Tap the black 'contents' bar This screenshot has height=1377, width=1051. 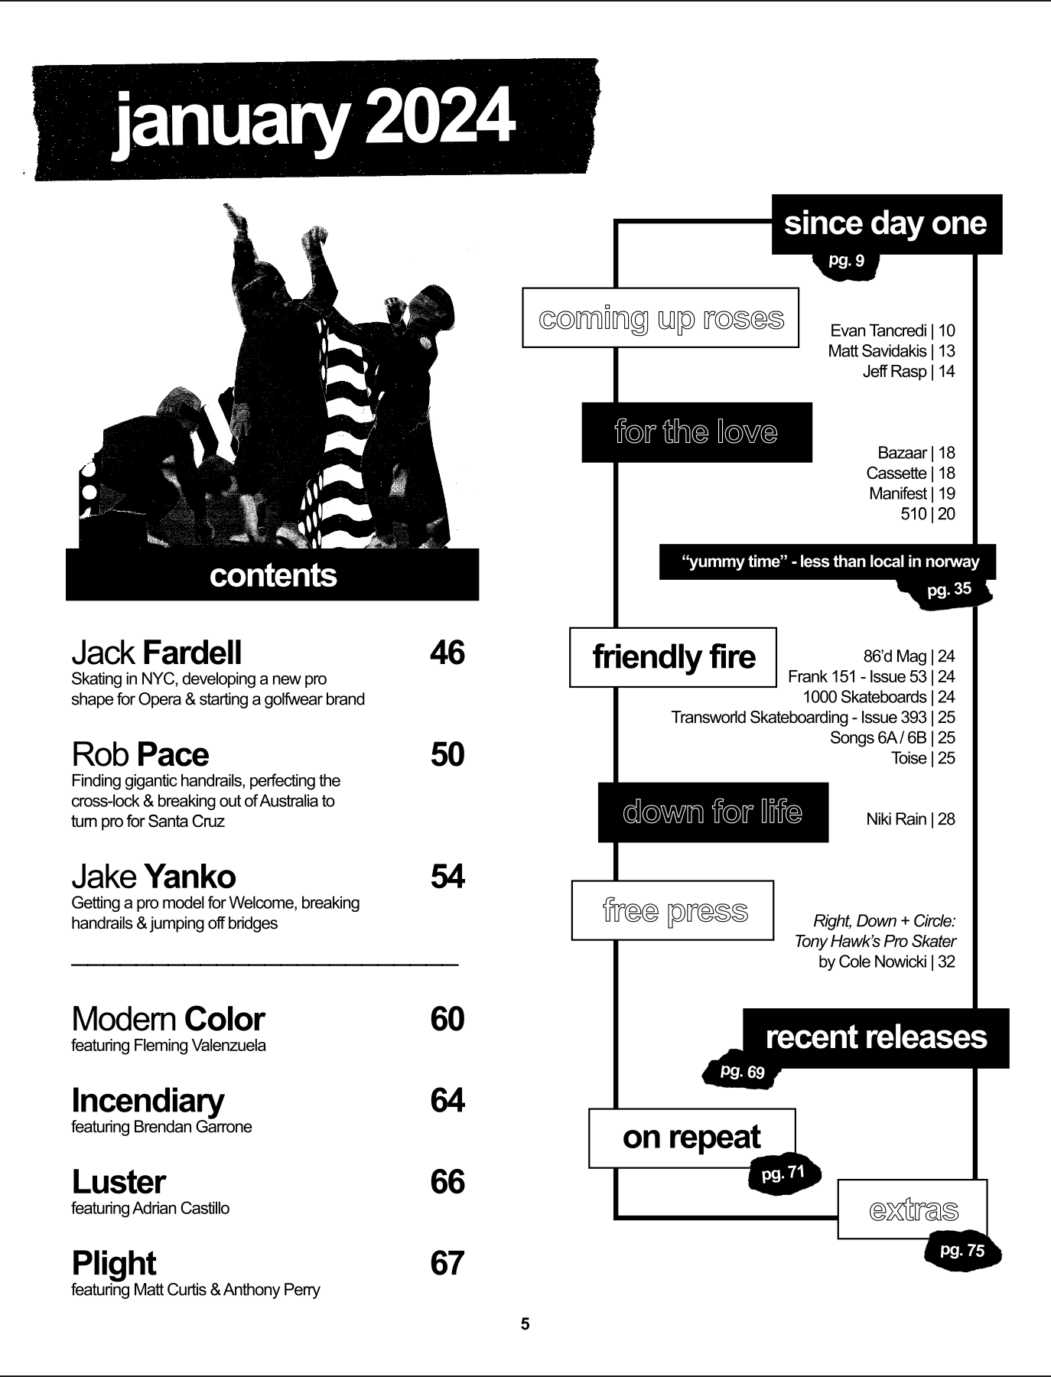272,575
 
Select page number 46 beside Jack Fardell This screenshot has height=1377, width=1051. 447,653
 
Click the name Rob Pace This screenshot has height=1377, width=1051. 140,754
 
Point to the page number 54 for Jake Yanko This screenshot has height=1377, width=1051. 447,877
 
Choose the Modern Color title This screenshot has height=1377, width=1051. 168,1019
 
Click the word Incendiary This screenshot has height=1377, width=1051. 148,1100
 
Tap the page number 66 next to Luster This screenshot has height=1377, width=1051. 447,1182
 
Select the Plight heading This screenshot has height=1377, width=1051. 113,1263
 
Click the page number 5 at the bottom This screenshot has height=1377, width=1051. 525,1324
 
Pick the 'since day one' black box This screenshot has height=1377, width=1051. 886,223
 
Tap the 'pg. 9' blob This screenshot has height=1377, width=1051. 846,262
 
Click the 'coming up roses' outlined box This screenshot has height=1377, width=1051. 661,318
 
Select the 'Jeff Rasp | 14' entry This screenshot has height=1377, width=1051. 909,372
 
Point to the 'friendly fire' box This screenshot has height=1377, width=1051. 673,657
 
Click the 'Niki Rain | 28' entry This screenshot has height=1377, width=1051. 910,819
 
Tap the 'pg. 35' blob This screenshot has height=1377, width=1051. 949,591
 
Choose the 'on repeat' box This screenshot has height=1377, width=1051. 691,1138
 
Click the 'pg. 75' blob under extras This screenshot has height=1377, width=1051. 962,1251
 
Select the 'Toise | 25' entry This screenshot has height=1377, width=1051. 922,758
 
